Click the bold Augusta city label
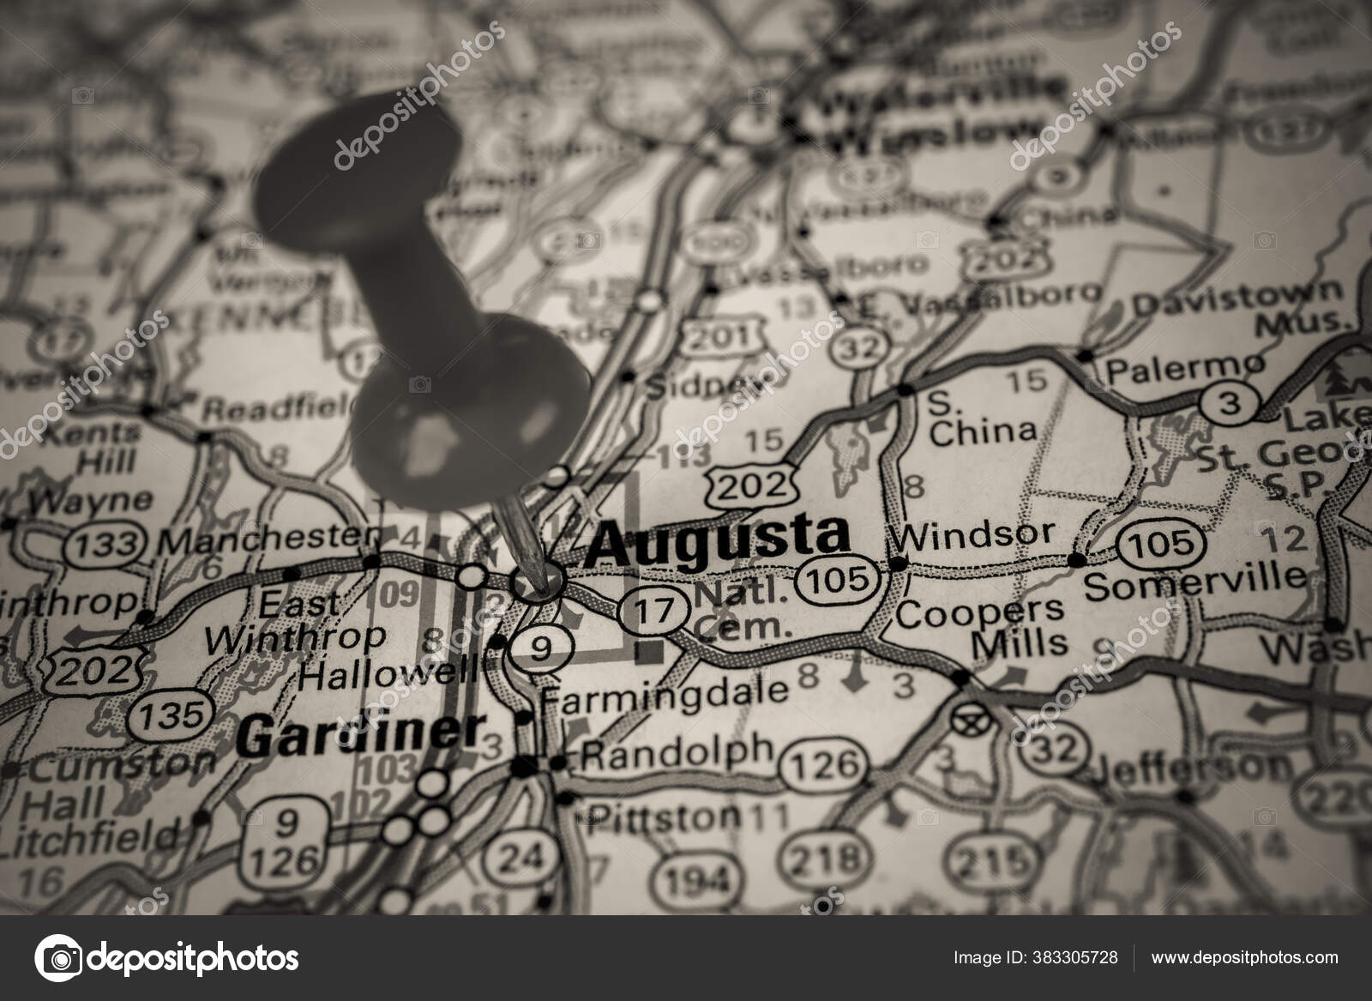[719, 540]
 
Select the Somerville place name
[1194, 583]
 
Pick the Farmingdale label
[665, 691]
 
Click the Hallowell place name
[388, 676]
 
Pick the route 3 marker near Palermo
[1230, 403]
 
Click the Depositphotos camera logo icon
[58, 957]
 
